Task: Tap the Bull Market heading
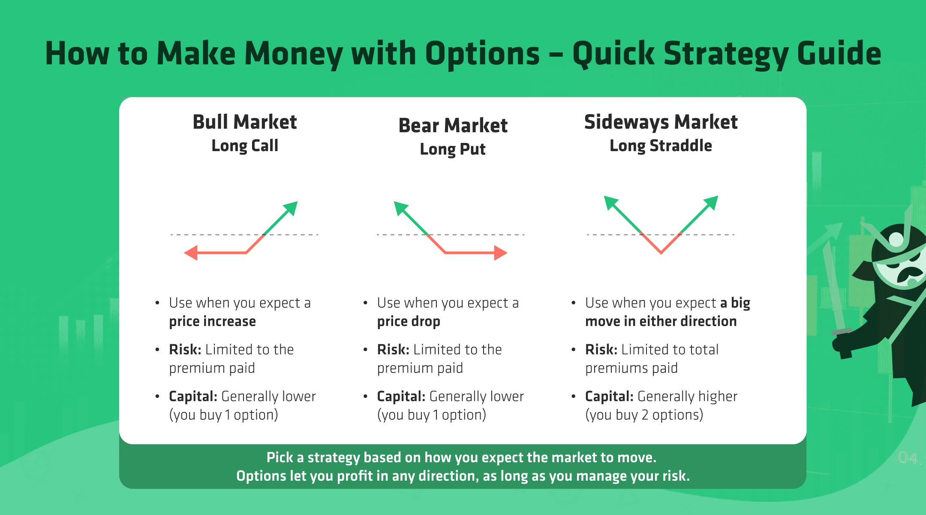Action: pos(245,122)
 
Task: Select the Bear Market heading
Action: pos(453,125)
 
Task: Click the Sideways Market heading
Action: pos(661,122)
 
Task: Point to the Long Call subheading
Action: pos(245,146)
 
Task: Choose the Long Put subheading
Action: pos(453,149)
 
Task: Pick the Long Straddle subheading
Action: pos(661,146)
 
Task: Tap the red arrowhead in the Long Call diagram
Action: pos(191,253)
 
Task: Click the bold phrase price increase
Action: pos(212,321)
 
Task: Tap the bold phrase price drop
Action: pos(409,321)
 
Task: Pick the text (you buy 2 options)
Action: pos(644,415)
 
